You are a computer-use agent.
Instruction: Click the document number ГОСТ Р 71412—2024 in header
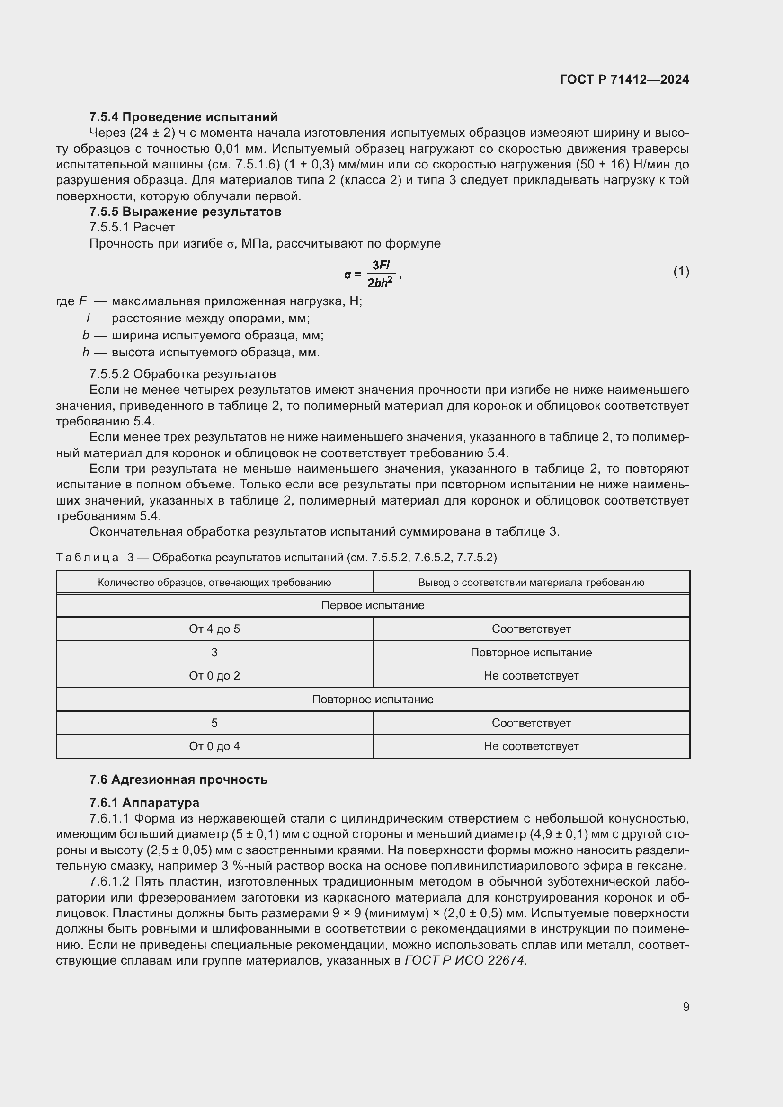pos(624,80)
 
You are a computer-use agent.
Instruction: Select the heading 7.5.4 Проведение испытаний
pos(183,117)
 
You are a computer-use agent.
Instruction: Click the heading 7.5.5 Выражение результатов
pos(185,211)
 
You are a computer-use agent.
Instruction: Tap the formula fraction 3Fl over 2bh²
pos(381,274)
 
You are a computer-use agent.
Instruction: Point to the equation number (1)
pos(681,272)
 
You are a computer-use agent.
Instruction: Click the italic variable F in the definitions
pos(83,301)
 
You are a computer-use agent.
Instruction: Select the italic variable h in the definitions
pos(85,353)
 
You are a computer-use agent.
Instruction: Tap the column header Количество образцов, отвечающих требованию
pos(214,583)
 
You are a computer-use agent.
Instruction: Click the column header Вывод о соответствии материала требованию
pos(531,583)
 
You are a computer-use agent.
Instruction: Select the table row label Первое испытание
pos(373,605)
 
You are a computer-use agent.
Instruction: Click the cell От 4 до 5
pos(214,629)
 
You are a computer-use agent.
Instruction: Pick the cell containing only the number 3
pos(214,652)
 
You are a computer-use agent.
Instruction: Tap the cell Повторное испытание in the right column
pos(531,652)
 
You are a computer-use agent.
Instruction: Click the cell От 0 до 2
pos(214,675)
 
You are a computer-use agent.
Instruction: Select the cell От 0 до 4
pos(214,746)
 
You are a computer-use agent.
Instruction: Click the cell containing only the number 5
pos(214,723)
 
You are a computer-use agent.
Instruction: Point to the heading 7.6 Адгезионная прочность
pos(178,779)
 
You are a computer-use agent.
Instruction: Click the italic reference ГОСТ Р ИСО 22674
pos(464,960)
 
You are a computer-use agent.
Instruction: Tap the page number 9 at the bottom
pos(685,1007)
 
